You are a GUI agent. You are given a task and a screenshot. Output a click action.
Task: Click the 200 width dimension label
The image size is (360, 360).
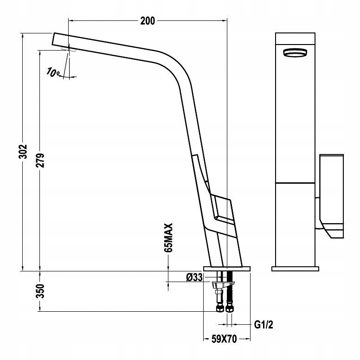pos(148,21)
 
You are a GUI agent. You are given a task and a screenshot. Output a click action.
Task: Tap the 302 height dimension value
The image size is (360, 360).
pos(23,152)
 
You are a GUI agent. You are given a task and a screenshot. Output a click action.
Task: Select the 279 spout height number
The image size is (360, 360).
pos(40,160)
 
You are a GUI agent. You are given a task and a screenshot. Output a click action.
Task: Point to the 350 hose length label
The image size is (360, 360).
pos(40,291)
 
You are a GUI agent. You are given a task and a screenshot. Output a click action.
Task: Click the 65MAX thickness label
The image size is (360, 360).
pos(168,238)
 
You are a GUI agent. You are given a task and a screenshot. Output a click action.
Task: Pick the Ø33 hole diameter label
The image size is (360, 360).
pos(194,277)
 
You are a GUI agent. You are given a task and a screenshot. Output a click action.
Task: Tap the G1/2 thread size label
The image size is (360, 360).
pos(264,325)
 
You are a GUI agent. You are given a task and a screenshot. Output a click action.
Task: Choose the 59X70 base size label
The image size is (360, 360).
pos(224,339)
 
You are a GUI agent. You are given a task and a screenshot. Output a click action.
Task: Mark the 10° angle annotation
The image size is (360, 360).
pos(53,72)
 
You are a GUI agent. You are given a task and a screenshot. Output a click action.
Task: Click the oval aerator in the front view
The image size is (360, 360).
pos(295,52)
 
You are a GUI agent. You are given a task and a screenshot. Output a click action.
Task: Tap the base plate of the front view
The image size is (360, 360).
pos(295,269)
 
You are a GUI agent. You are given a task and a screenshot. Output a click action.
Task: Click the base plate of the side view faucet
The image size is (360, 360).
pos(227,269)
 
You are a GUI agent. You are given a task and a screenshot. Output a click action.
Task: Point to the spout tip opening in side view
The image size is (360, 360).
pos(53,39)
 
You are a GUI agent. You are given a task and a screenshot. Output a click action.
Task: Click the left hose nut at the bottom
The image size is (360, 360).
pos(220,308)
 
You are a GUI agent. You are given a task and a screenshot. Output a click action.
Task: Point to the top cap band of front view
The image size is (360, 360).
pos(295,39)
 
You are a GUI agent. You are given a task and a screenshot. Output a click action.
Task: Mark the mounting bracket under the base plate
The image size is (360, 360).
pos(223,285)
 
